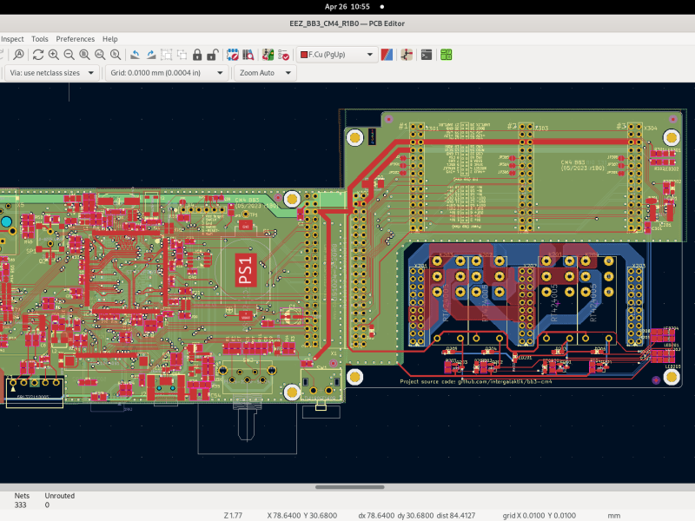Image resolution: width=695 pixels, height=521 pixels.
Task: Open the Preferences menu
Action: (x=75, y=39)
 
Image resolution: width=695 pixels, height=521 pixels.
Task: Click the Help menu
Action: (x=109, y=39)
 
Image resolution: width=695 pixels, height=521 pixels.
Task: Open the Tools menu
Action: (x=40, y=39)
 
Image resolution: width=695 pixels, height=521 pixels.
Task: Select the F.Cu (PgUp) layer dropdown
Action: (x=336, y=55)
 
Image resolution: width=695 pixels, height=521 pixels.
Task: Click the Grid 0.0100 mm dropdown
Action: (x=166, y=73)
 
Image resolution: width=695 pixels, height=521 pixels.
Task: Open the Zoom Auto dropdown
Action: (x=264, y=73)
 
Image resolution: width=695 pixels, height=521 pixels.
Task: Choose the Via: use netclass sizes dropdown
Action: (x=51, y=73)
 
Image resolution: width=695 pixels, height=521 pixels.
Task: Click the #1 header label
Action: (x=403, y=127)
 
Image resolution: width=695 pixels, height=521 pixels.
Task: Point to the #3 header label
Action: (x=620, y=127)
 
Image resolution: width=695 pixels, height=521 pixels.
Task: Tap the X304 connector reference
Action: (x=651, y=129)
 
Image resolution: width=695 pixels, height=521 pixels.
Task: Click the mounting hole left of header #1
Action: (x=354, y=137)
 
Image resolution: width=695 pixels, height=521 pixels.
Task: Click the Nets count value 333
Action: (x=21, y=505)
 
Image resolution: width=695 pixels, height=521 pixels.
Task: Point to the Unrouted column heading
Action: (x=59, y=496)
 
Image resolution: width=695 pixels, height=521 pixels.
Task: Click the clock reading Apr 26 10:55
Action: (x=347, y=6)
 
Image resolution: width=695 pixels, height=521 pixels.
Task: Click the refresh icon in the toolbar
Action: (x=38, y=55)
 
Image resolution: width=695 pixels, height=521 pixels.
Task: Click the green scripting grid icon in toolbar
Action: (x=446, y=55)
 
